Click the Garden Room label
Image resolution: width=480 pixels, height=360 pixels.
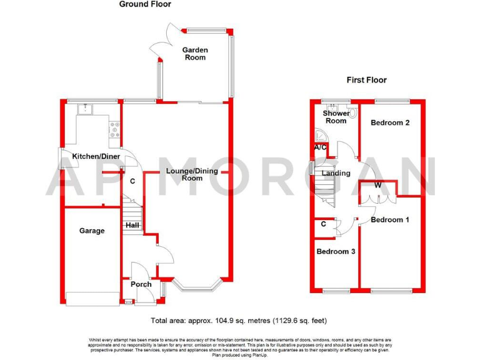coord(194,54)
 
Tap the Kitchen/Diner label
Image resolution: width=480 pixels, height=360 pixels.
coord(96,156)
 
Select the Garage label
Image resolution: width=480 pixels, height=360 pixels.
coord(92,231)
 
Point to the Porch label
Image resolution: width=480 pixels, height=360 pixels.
coord(141,284)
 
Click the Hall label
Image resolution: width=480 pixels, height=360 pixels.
coord(132,225)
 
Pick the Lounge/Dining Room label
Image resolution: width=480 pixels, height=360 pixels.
coord(192,174)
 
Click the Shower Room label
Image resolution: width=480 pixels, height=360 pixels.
coord(336,117)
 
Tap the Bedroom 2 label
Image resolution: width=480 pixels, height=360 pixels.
coord(390,122)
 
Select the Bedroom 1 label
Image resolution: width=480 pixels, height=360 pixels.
coord(390,220)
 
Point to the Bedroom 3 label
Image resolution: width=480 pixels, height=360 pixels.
coord(335,251)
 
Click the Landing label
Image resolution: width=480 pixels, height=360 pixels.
coord(336,173)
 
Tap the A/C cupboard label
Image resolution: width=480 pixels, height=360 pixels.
coord(321,147)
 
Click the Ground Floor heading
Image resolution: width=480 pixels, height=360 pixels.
coord(145,4)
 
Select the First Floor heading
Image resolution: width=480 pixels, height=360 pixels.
coord(367,80)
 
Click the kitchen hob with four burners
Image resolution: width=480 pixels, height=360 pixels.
coord(115,130)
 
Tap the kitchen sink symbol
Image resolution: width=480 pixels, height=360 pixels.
coord(84,111)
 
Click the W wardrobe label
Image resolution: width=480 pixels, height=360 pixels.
coord(378,186)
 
